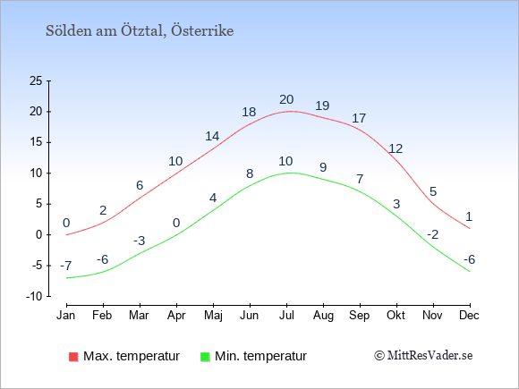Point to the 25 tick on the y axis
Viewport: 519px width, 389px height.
click(x=36, y=80)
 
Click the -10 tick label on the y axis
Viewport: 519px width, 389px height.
click(x=34, y=296)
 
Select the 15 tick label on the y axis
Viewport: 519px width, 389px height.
click(x=36, y=142)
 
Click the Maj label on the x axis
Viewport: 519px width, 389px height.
click(x=213, y=316)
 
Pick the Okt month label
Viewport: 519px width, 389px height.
click(x=396, y=316)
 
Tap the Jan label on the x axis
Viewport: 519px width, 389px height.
click(x=66, y=316)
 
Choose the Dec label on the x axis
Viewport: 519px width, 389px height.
click(x=469, y=316)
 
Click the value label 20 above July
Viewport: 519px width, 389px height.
click(x=286, y=99)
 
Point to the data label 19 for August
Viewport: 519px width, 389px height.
click(x=322, y=106)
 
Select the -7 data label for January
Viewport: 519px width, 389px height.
click(x=66, y=266)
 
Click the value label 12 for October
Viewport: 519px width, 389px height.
click(x=396, y=148)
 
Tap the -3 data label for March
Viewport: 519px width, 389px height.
click(x=140, y=241)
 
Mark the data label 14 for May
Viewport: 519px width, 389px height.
click(x=212, y=136)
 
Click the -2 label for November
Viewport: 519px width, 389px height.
click(x=432, y=234)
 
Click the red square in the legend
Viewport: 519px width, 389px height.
click(x=73, y=357)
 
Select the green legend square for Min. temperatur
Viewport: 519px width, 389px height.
click(x=205, y=357)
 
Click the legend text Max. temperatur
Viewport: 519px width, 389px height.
click(x=132, y=356)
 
